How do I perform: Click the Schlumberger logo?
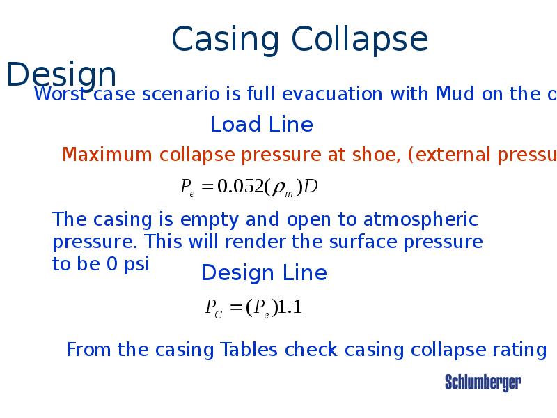coord(483,382)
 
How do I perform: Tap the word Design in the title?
coord(61,75)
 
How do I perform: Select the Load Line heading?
coord(261,125)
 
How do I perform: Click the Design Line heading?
coord(264,273)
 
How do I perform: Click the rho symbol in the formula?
coord(279,187)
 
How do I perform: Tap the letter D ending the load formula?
coord(311,187)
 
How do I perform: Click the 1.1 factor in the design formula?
coord(290,307)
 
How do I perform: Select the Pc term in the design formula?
coord(214,309)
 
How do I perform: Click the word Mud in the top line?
coord(455,94)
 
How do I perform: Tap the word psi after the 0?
coord(136,265)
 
